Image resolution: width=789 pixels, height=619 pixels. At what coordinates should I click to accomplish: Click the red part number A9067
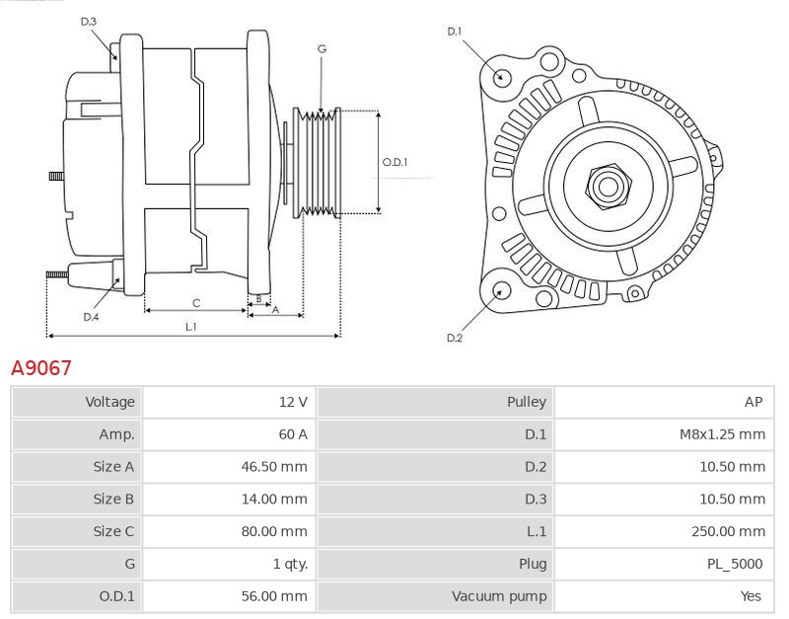(41, 368)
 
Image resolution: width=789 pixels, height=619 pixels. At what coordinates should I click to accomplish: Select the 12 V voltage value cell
(293, 402)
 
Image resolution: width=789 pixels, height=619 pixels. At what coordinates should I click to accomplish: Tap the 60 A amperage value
(293, 434)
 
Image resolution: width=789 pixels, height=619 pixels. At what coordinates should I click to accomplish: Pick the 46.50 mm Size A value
(274, 467)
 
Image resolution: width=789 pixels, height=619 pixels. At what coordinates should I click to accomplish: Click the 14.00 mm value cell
(274, 500)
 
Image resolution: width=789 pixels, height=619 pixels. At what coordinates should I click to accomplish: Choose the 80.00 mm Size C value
(274, 531)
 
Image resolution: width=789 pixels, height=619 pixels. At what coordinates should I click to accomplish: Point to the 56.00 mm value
(274, 596)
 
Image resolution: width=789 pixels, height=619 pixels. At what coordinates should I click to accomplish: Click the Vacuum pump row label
(499, 596)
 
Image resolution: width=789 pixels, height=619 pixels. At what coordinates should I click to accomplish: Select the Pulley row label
(527, 402)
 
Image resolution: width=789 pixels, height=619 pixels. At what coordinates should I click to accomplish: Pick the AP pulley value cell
(753, 402)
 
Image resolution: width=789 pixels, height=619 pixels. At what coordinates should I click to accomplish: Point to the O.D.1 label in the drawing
(394, 163)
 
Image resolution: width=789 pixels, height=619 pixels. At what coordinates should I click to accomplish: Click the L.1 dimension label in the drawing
(191, 326)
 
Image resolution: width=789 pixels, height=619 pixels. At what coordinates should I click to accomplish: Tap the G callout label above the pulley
(323, 48)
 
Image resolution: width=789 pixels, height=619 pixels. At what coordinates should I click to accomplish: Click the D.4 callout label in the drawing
(91, 317)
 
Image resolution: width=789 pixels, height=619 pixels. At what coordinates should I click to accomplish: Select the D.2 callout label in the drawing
(455, 338)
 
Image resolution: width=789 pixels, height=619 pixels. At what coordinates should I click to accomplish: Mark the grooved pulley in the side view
(319, 162)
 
